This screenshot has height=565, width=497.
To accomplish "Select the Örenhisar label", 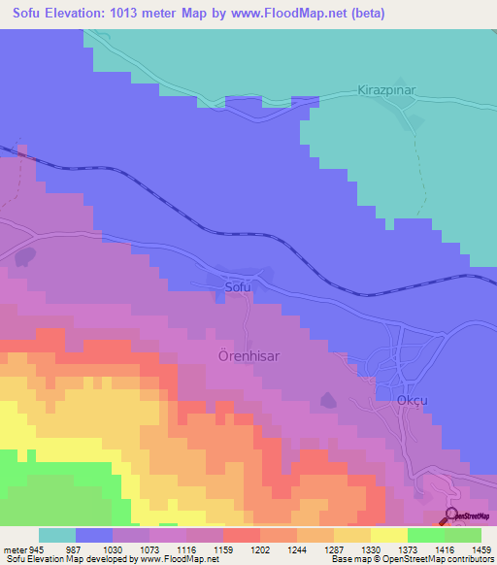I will coord(243,356).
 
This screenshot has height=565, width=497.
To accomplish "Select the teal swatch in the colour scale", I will coord(57,535).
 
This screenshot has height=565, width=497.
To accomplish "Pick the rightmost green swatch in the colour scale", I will coord(462,535).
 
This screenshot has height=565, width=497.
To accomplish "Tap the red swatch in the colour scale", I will coord(241,535).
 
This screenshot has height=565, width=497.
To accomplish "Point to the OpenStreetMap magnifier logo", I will coord(452,516).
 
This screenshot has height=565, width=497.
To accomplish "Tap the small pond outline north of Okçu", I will coord(327,399).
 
